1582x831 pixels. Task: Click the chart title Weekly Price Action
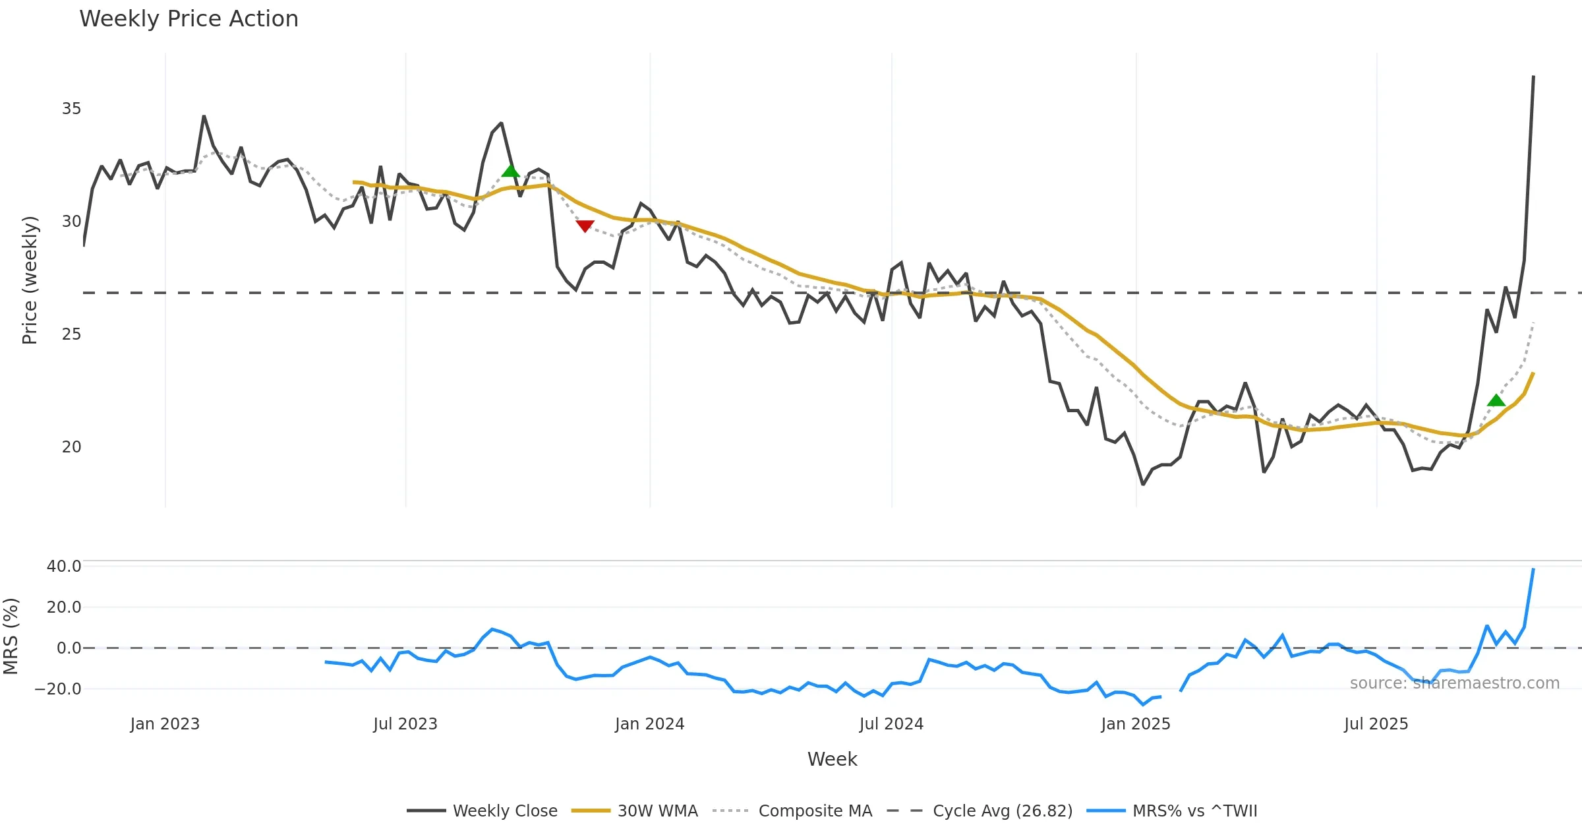click(x=189, y=19)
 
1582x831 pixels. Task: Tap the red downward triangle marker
click(x=585, y=226)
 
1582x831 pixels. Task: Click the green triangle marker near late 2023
click(x=510, y=171)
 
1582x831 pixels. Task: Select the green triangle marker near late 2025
click(x=1496, y=400)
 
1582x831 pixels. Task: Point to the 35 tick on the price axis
click(x=71, y=109)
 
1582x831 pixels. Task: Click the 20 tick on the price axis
click(x=71, y=447)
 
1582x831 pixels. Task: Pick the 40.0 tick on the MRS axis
click(x=63, y=567)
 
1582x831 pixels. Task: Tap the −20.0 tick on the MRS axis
click(x=58, y=689)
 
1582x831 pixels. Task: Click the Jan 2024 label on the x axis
click(x=649, y=724)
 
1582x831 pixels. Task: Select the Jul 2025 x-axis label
click(x=1376, y=724)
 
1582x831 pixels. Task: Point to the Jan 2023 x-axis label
click(x=165, y=724)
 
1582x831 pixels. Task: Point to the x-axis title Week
click(x=832, y=760)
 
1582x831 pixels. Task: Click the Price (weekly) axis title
click(x=30, y=280)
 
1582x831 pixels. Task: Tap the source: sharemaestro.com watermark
click(x=1454, y=683)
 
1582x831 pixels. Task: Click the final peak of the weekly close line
click(x=1533, y=77)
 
